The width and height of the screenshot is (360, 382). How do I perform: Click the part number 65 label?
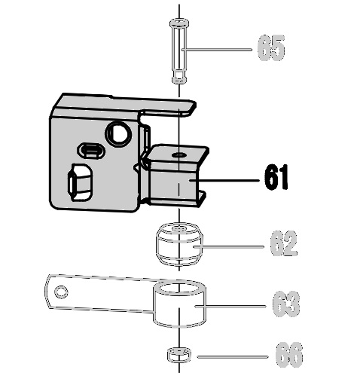coord(271,48)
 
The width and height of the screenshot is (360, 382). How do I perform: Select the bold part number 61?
coord(276,177)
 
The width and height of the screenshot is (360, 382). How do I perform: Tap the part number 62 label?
coord(284,243)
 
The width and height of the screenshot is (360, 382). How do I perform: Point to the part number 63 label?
coord(286,304)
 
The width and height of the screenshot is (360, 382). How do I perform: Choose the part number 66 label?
coord(288,355)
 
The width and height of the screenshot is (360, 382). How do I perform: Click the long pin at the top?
coord(179,51)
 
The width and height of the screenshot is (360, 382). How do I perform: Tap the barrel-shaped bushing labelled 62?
coord(179,244)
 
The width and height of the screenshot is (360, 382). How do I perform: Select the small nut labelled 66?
coord(178,355)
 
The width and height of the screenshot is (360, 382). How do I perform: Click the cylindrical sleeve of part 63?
coord(179,304)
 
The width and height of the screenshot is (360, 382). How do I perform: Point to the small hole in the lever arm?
coord(61,292)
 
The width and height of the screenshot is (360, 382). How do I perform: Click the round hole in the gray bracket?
coord(118,134)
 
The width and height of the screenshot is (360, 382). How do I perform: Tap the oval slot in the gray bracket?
coord(91,151)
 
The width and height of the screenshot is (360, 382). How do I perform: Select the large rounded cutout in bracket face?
coord(81,182)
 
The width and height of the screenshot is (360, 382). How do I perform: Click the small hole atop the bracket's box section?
coord(179,155)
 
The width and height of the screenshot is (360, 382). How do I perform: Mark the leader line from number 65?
coord(217,50)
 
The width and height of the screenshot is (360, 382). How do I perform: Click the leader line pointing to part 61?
coord(224,180)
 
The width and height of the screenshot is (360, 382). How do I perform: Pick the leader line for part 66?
coord(233,356)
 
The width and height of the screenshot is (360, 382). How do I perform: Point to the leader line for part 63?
coord(230,306)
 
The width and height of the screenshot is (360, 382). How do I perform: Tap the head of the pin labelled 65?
coord(179,23)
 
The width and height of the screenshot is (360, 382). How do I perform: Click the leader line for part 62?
coord(228,247)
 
